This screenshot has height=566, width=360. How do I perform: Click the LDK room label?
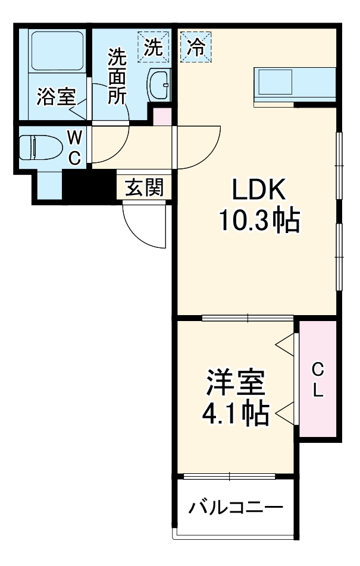click(x=259, y=191)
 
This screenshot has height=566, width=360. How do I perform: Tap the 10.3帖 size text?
click(x=259, y=222)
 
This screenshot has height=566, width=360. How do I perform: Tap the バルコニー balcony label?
click(x=236, y=508)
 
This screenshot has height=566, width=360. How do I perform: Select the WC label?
click(x=74, y=147)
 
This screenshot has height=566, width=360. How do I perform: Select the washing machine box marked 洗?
click(x=154, y=48)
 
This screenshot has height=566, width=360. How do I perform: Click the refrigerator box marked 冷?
click(x=194, y=48)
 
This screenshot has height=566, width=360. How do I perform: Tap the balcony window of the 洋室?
click(x=230, y=476)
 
